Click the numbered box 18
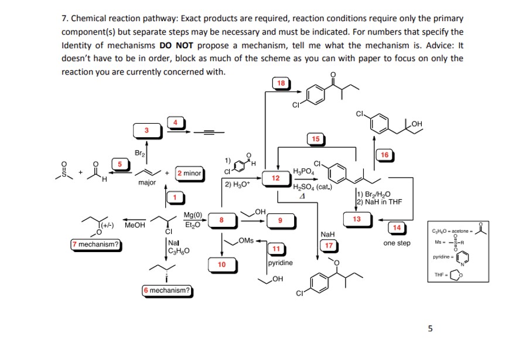[281, 83]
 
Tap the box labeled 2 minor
[189, 173]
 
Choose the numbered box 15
[315, 139]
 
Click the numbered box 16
[385, 154]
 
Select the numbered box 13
[356, 219]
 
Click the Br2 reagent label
[139, 153]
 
